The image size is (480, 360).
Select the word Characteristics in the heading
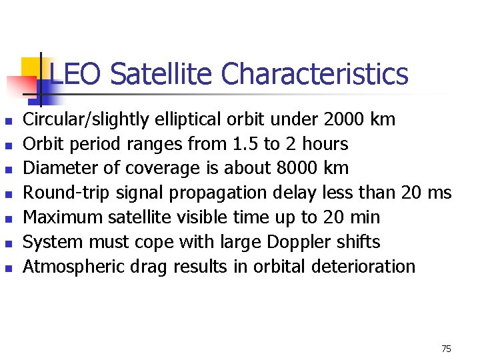click(x=314, y=74)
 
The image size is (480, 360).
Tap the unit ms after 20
click(x=439, y=193)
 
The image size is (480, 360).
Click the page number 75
click(x=446, y=349)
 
